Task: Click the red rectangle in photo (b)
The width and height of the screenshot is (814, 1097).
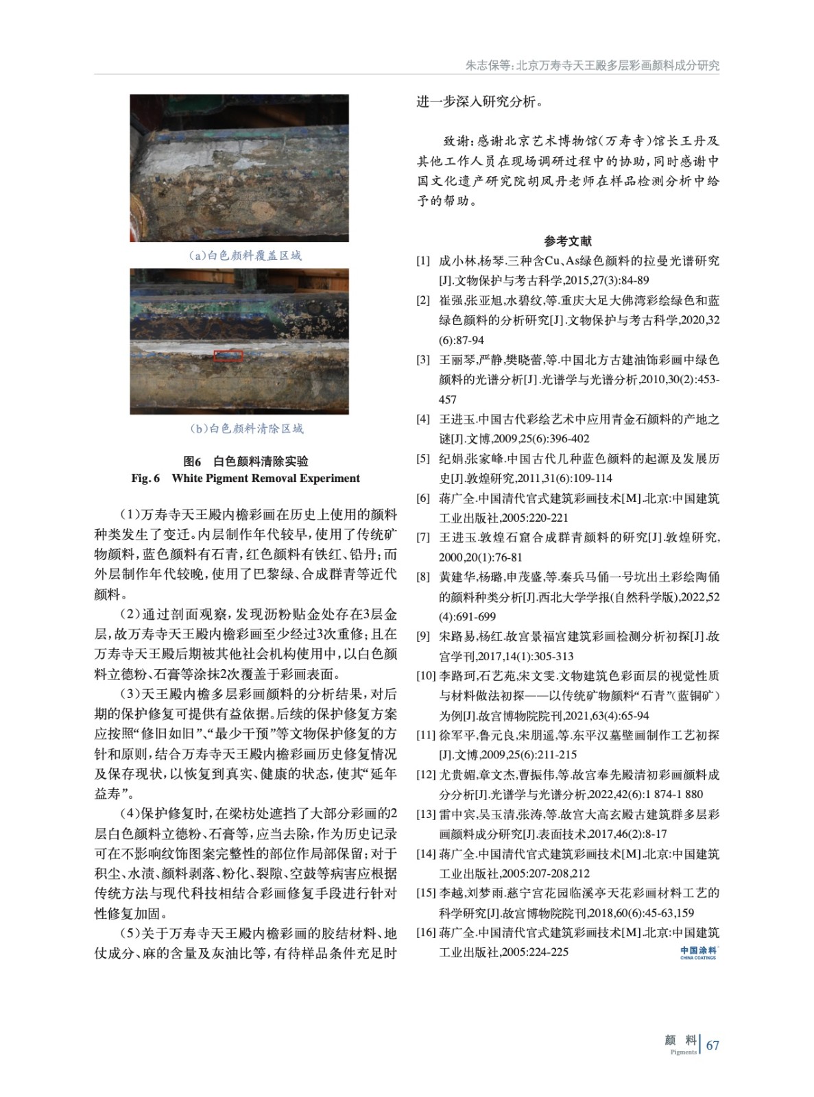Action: coord(228,355)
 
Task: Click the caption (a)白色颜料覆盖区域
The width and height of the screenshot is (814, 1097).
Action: coord(245,256)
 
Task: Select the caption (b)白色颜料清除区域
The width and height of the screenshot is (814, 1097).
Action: coord(246,429)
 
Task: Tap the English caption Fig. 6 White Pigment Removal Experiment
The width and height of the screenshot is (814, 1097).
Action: coord(246,479)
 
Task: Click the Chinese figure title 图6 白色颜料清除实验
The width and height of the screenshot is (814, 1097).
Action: coord(246,461)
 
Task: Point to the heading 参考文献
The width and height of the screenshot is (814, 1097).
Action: coord(568,241)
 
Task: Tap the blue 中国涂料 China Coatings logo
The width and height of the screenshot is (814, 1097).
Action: coord(698,952)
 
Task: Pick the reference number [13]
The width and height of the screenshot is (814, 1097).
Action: coord(426,815)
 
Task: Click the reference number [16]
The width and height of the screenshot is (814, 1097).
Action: coord(426,932)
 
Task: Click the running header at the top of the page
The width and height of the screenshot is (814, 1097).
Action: coord(592,66)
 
